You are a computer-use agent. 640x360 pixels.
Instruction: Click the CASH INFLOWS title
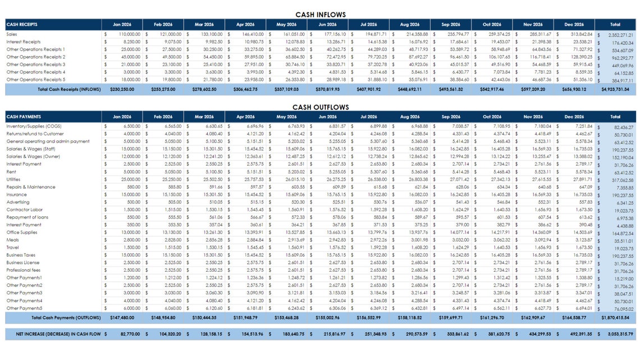(x=320, y=15)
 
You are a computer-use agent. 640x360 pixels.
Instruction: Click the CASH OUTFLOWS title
(x=320, y=107)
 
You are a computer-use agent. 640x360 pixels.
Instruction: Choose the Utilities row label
(x=14, y=180)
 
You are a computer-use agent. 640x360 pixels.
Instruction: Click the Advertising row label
(x=18, y=202)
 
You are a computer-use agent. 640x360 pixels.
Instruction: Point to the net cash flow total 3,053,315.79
(x=618, y=334)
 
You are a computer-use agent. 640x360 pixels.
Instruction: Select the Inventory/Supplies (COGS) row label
(x=34, y=126)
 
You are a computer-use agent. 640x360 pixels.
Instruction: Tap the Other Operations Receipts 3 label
(x=35, y=65)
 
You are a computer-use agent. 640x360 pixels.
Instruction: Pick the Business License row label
(x=23, y=262)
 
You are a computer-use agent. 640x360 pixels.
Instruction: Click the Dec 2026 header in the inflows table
(x=574, y=25)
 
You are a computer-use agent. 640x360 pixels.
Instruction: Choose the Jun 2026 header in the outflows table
(x=327, y=117)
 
